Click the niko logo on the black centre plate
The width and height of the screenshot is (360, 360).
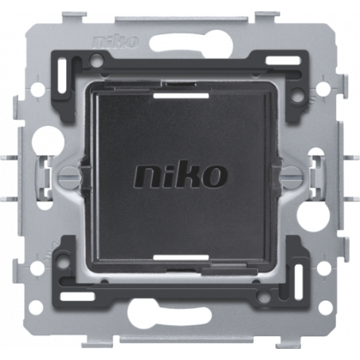tap(181, 175)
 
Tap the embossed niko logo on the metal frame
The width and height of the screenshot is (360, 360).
tap(116, 41)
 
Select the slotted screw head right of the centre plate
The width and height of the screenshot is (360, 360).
tap(292, 175)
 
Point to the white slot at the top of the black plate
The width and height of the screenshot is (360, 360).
tap(181, 96)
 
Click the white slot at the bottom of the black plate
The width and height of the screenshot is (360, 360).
tap(181, 257)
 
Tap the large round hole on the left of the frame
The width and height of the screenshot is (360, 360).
tap(48, 139)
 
